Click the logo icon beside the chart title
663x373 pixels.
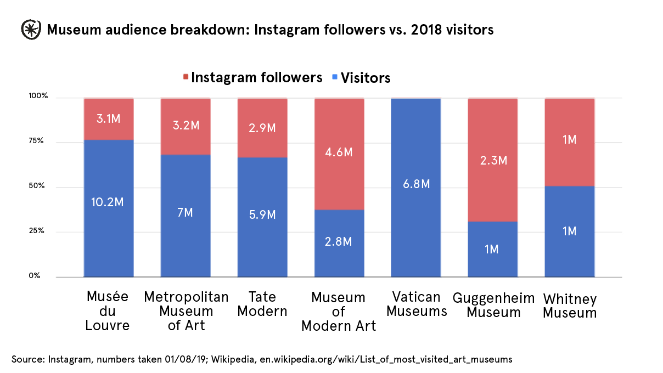[31, 30]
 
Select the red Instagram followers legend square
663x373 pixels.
[186, 77]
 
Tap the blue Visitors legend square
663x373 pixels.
[335, 77]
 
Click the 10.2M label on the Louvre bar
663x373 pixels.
[108, 201]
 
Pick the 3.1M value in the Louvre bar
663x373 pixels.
[108, 118]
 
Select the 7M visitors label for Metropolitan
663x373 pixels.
[185, 212]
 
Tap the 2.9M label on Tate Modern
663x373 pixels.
[262, 127]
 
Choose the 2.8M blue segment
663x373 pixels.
[339, 242]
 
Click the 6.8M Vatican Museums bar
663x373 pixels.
[415, 184]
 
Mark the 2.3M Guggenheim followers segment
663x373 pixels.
[492, 160]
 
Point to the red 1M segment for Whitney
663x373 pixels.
[569, 140]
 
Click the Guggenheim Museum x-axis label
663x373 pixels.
[493, 305]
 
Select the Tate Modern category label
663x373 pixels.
[262, 304]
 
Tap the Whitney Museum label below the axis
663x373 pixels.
[569, 306]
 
